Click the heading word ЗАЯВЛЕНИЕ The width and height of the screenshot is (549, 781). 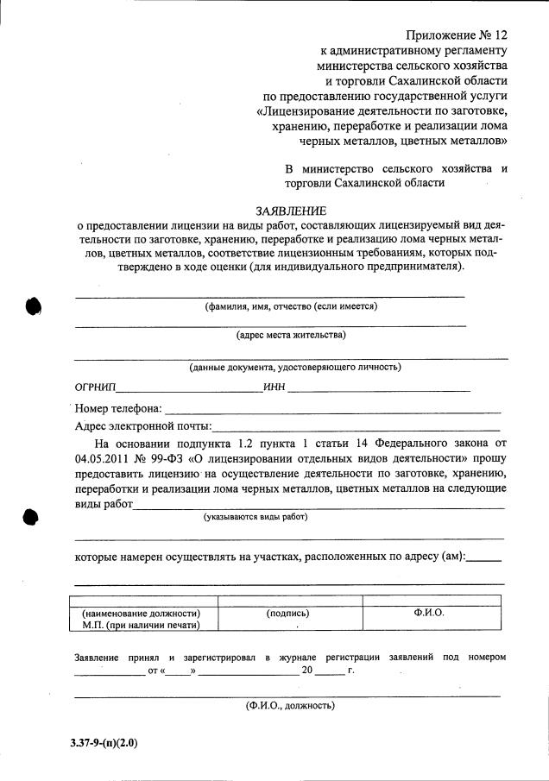291,211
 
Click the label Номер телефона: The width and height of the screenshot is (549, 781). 118,408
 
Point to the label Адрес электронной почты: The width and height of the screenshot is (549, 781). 142,425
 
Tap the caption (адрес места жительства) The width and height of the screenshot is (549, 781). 291,335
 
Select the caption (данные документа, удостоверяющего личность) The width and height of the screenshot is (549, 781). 294,367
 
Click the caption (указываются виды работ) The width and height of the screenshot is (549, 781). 255,518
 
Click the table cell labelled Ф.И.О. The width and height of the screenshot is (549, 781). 429,612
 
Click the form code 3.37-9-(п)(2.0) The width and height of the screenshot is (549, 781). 104,742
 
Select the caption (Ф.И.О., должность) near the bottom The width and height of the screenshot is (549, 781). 290,705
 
